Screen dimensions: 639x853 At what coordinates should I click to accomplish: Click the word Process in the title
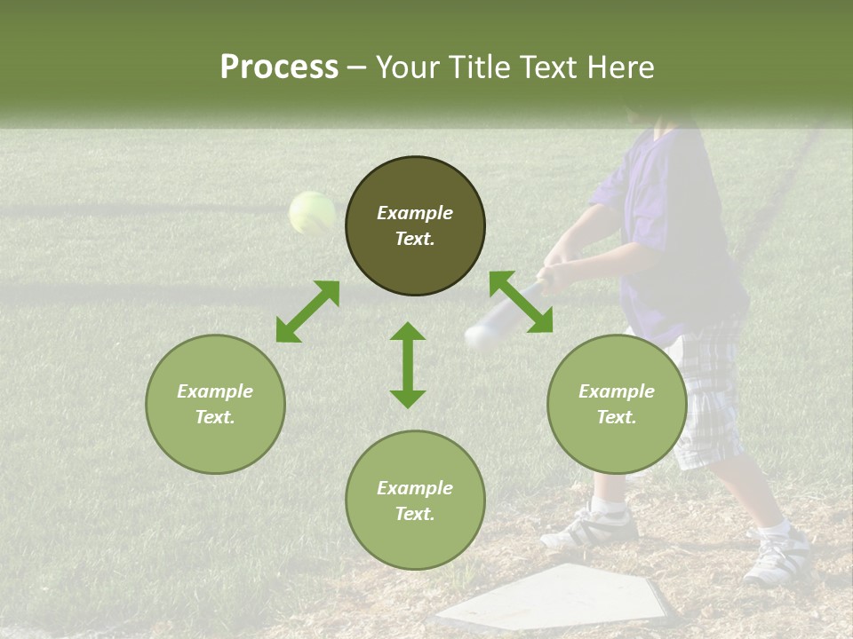point(279,67)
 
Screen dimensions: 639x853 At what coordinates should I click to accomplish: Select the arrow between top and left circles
point(307,312)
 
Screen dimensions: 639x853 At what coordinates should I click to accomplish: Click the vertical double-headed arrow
point(408,365)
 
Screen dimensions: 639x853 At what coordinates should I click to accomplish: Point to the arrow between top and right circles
point(521,303)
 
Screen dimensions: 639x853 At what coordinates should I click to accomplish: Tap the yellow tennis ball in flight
point(312,213)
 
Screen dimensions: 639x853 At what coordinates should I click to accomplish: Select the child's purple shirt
point(671,231)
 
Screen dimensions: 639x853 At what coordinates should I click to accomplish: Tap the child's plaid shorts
point(711,390)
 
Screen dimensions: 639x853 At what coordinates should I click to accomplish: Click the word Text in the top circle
point(415,239)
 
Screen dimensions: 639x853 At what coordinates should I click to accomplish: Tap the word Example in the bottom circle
point(415,488)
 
